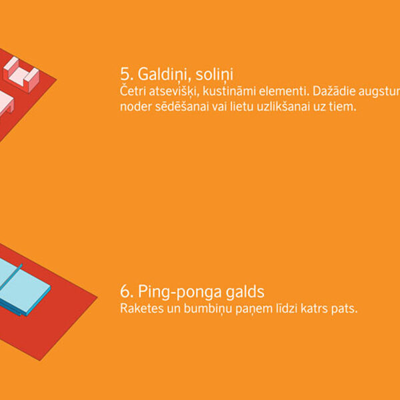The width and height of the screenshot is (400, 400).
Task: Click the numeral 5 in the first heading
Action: click(x=125, y=74)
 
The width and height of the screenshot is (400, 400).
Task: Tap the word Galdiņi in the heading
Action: click(x=164, y=75)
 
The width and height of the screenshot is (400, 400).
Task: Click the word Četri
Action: click(x=133, y=91)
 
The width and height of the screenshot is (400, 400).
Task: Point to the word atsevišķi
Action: click(x=174, y=91)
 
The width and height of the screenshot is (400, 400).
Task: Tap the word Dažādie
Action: click(x=334, y=91)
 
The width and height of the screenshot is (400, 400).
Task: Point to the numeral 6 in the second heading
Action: click(x=125, y=291)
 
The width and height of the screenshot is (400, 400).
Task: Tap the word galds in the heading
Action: click(x=245, y=291)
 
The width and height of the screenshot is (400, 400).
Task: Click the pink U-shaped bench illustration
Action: click(x=21, y=75)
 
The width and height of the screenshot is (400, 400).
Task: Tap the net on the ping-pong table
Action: click(x=11, y=277)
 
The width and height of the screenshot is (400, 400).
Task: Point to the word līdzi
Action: click(x=287, y=309)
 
